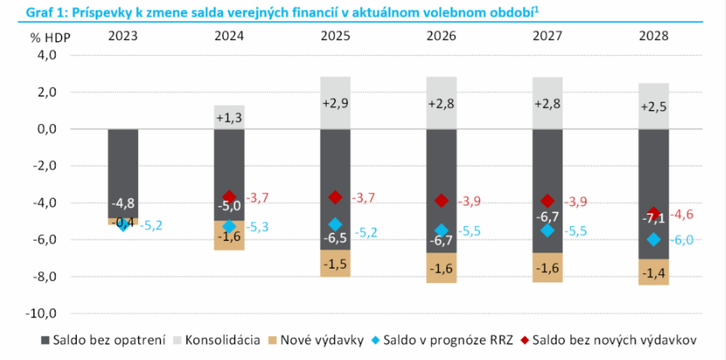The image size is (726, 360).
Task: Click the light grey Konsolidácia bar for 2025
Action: pyautogui.click(x=335, y=103)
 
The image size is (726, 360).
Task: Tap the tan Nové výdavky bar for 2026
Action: pyautogui.click(x=441, y=267)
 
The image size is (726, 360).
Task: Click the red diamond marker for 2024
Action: pyautogui.click(x=229, y=198)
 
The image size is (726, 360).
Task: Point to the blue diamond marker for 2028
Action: pyautogui.click(x=653, y=239)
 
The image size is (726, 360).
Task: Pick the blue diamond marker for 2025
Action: pyautogui.click(x=335, y=224)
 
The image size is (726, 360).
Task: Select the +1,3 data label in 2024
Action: pyautogui.click(x=229, y=118)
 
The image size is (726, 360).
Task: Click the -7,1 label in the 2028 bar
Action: pyautogui.click(x=653, y=219)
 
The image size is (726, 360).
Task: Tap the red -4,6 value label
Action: pyautogui.click(x=683, y=215)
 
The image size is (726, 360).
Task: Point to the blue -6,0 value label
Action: pyautogui.click(x=683, y=240)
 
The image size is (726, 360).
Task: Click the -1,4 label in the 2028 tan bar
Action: pyautogui.click(x=653, y=272)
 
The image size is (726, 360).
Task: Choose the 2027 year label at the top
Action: pyautogui.click(x=547, y=36)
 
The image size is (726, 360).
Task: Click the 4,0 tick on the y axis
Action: pyautogui.click(x=45, y=56)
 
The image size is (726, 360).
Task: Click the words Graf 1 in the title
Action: pyautogui.click(x=24, y=10)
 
